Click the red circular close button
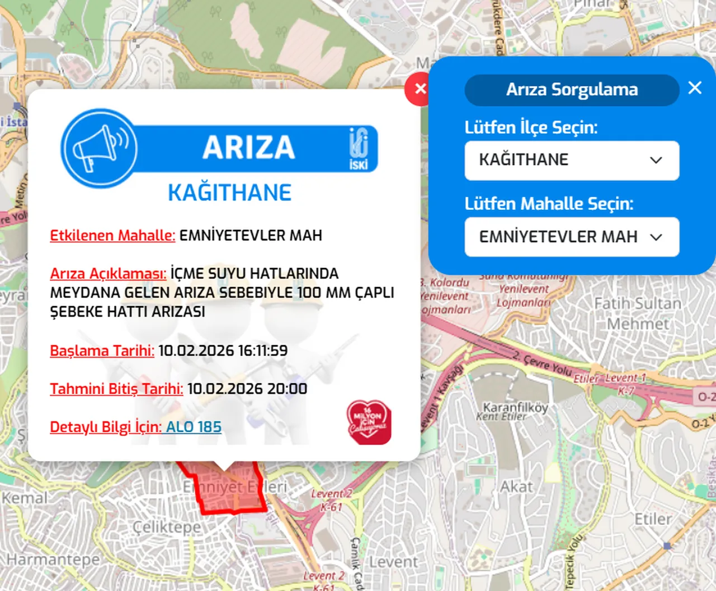click(419, 88)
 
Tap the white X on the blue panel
click(695, 88)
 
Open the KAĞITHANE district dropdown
click(572, 161)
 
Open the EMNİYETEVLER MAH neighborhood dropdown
click(572, 237)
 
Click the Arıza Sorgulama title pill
click(572, 90)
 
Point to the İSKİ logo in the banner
click(359, 148)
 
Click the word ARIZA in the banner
click(248, 148)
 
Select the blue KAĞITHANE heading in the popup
click(229, 193)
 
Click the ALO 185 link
click(194, 427)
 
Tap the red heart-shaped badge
click(369, 423)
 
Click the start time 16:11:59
click(262, 351)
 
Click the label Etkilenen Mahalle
click(112, 236)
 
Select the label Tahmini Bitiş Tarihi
click(116, 389)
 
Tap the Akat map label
click(516, 487)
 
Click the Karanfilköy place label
click(515, 407)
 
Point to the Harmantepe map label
click(53, 560)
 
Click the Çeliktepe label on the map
click(167, 527)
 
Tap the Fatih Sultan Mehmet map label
click(638, 313)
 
